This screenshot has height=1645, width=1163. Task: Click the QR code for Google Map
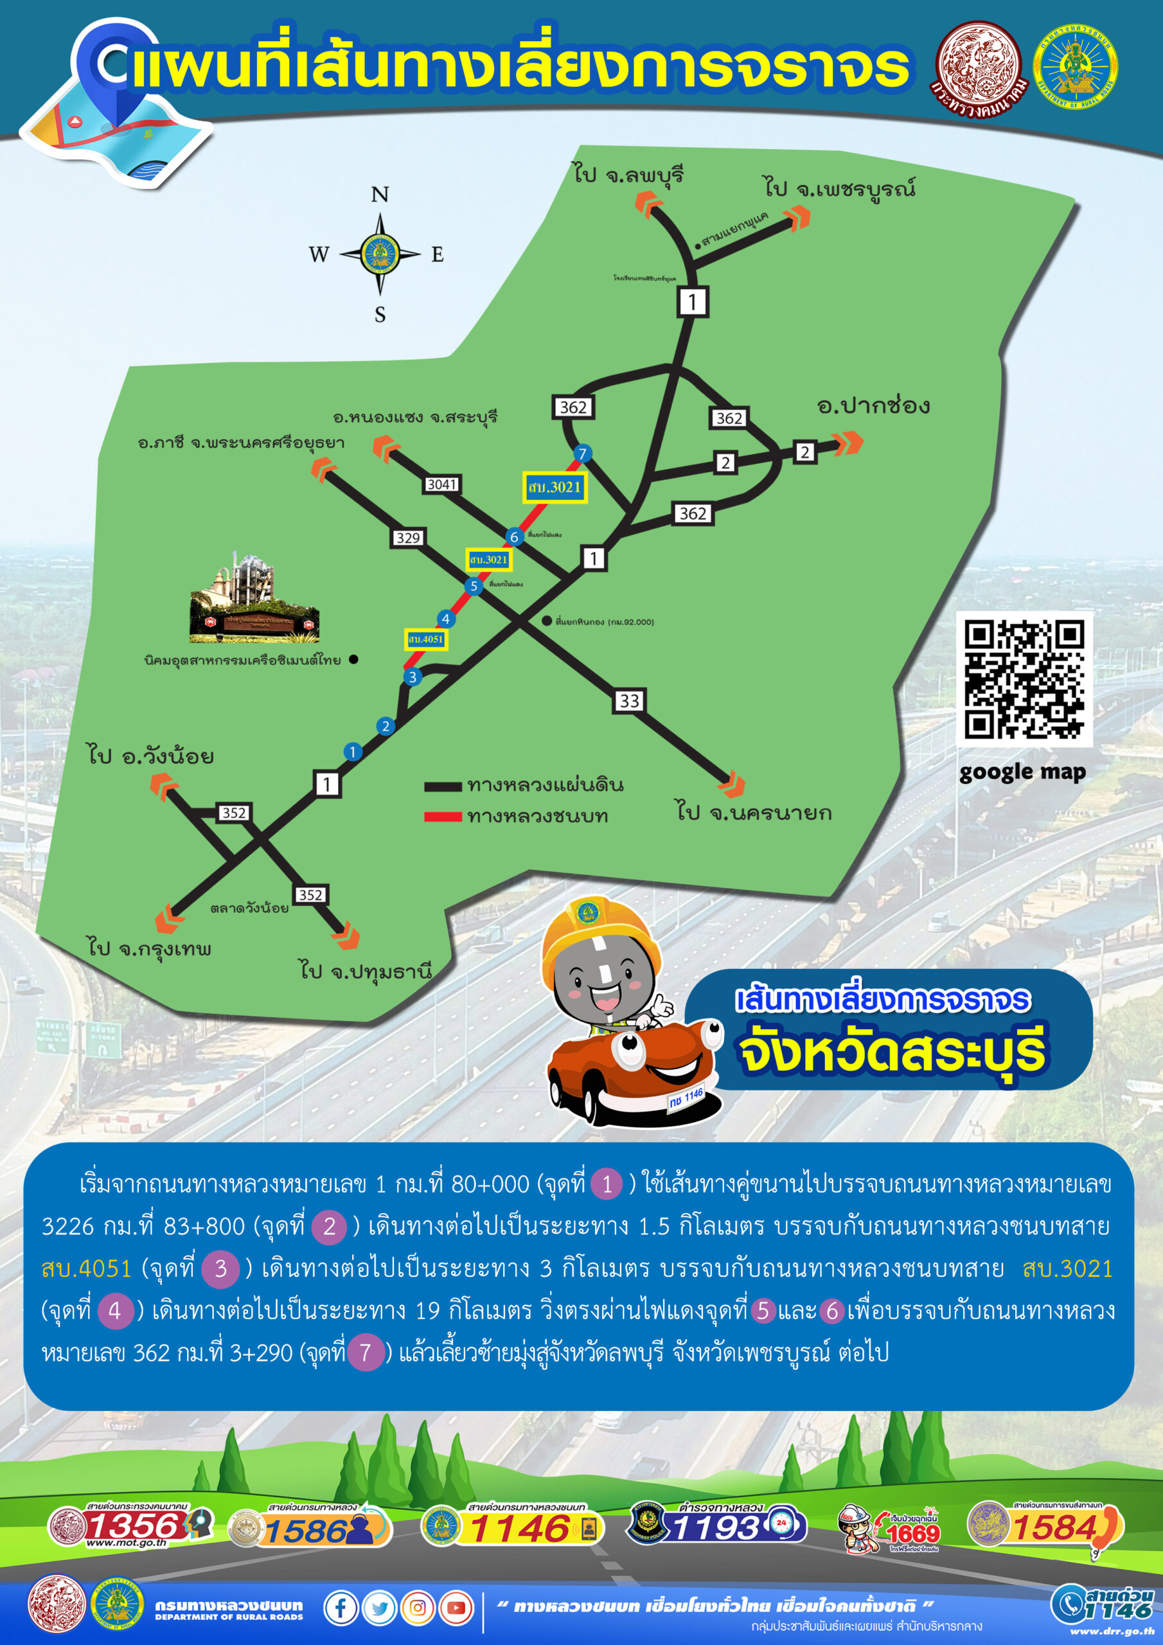tap(1024, 679)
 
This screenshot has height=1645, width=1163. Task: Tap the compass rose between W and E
tap(380, 254)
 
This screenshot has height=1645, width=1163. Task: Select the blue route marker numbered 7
tap(582, 454)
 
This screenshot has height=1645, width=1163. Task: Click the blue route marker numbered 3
tap(412, 677)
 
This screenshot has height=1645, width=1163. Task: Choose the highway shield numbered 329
tap(408, 538)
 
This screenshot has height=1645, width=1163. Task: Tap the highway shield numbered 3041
tap(441, 485)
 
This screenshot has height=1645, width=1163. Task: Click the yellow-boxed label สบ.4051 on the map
tap(425, 639)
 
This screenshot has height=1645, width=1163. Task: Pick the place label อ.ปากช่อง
tap(873, 405)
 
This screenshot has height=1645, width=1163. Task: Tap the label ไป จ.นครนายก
tap(754, 812)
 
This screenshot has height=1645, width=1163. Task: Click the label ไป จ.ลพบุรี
tap(628, 174)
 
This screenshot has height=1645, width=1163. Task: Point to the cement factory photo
tap(254, 597)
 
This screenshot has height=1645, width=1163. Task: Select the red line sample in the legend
tap(442, 817)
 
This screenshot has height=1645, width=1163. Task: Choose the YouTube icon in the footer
tap(456, 1608)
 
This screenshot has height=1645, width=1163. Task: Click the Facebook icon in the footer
tap(341, 1608)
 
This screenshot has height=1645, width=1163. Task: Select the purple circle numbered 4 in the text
tap(114, 1311)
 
